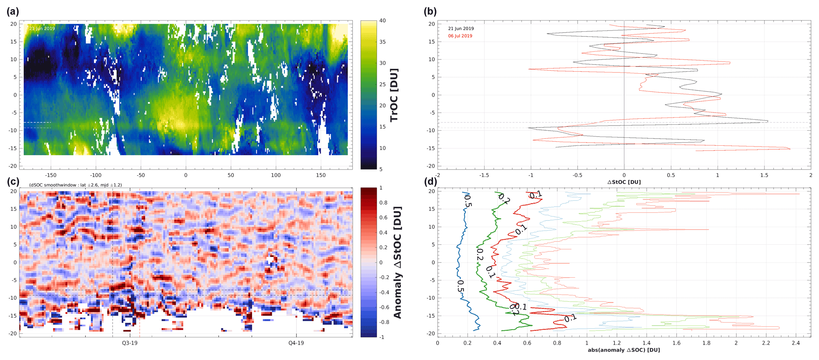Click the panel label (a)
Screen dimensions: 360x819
click(x=13, y=11)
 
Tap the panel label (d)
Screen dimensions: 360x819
click(x=430, y=182)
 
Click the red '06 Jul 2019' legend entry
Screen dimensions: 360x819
click(x=460, y=36)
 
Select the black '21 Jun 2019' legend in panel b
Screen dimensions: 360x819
click(x=461, y=29)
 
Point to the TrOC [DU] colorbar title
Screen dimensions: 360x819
click(x=394, y=95)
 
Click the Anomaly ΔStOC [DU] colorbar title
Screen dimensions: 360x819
click(x=397, y=262)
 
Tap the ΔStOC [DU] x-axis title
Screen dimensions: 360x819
click(x=624, y=182)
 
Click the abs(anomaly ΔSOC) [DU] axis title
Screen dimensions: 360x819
click(x=624, y=350)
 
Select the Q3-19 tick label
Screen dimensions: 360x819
click(x=130, y=343)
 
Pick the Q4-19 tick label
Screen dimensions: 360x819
click(x=296, y=343)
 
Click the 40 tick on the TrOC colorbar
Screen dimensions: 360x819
click(x=382, y=21)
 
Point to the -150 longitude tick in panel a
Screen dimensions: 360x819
click(x=50, y=175)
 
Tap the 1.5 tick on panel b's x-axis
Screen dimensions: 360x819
click(x=764, y=175)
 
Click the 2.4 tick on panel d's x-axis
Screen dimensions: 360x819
click(x=796, y=343)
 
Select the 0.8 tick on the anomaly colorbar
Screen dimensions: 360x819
click(x=383, y=203)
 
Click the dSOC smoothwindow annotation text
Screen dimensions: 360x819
click(x=75, y=185)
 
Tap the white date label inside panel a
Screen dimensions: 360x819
click(x=42, y=29)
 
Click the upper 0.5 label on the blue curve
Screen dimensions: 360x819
click(x=468, y=200)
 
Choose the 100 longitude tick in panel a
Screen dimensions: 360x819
click(x=276, y=175)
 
